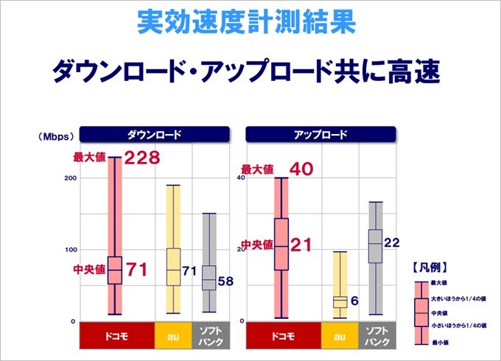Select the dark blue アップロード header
click(x=321, y=135)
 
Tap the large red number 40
click(x=302, y=169)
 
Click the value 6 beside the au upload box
click(x=354, y=301)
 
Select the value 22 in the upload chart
click(x=391, y=242)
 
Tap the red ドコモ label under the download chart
click(x=115, y=336)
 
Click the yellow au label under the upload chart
click(x=340, y=336)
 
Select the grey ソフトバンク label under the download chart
click(x=209, y=336)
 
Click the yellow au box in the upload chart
click(x=340, y=302)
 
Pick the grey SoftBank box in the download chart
click(x=209, y=278)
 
